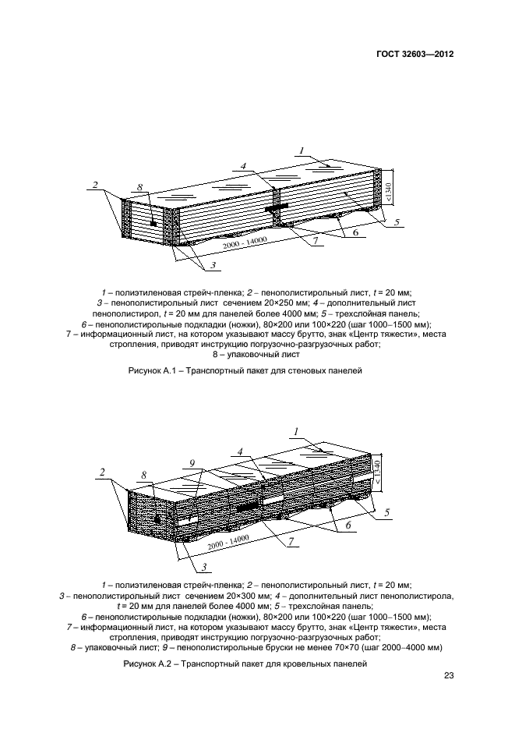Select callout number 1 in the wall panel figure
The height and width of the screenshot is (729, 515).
point(302,150)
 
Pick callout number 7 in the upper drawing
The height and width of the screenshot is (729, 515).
point(317,242)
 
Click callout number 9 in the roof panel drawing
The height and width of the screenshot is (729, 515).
point(190,463)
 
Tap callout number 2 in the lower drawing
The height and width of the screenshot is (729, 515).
point(102,472)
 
